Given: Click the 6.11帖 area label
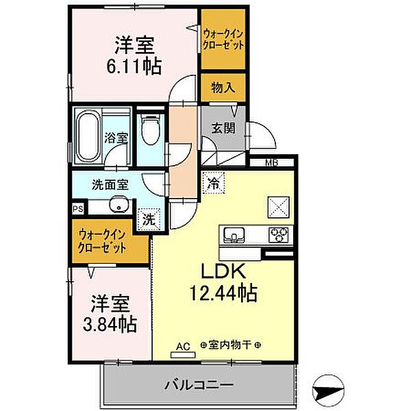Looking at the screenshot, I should [134, 66].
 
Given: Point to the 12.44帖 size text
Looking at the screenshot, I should [223, 295].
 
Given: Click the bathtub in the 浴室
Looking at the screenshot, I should [87, 136].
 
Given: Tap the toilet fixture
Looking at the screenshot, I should [149, 130].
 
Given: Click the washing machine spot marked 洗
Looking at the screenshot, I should [148, 219].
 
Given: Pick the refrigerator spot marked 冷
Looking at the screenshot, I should [212, 184].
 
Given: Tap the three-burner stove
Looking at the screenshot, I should [281, 236].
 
